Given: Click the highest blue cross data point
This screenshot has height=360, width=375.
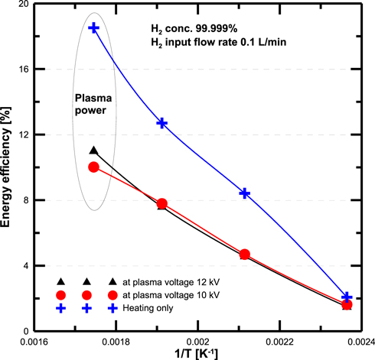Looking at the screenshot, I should click(x=93, y=28).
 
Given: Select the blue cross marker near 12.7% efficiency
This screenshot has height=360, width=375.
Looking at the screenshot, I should click(x=161, y=122).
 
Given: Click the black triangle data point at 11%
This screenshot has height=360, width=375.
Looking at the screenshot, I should click(x=93, y=151).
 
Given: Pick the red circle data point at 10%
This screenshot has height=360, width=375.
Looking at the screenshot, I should click(x=93, y=167).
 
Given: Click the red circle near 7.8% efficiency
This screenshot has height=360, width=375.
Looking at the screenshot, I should click(x=161, y=204).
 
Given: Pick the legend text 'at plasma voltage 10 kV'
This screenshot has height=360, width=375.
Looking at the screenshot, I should click(x=176, y=294).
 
